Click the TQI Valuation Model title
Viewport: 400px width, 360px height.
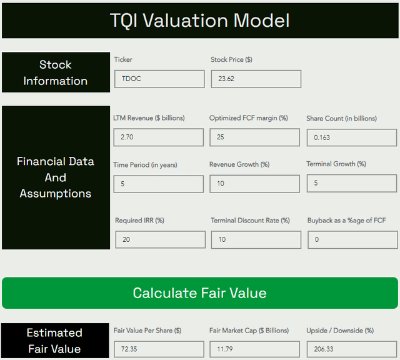[x=200, y=21]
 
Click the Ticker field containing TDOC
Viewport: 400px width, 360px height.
[x=159, y=79]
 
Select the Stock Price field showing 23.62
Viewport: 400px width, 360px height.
[x=256, y=79]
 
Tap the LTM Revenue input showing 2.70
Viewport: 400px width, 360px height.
[x=158, y=137]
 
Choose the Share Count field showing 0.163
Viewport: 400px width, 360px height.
[x=352, y=137]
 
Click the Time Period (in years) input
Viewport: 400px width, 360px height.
[x=158, y=184]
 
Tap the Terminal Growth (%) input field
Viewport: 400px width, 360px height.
[x=352, y=184]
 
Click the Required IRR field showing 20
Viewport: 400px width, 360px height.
[x=160, y=239]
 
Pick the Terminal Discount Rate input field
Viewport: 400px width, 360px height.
[x=256, y=239]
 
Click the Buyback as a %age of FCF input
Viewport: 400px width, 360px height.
[x=352, y=239]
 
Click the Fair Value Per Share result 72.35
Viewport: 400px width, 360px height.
[x=158, y=349]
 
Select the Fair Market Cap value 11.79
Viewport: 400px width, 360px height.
[x=255, y=349]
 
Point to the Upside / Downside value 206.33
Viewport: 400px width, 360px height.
[x=352, y=349]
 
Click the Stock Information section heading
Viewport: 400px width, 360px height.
[x=56, y=72]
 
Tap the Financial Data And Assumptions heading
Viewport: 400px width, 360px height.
[x=56, y=177]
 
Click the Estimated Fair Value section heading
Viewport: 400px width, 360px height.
[x=54, y=341]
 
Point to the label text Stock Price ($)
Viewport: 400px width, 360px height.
[x=231, y=59]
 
